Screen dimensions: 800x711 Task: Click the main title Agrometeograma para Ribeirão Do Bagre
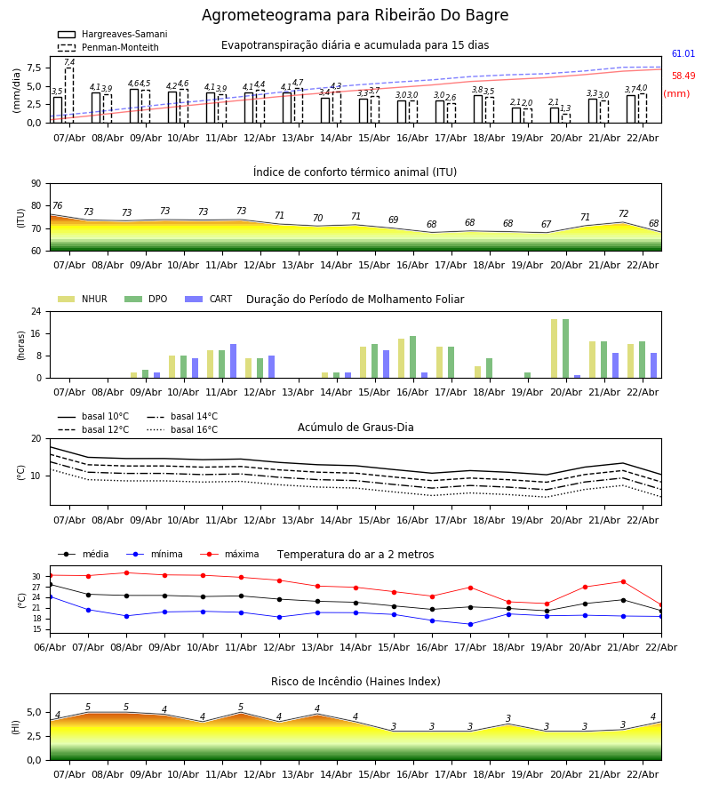click(355, 16)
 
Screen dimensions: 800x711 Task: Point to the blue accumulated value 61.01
click(683, 54)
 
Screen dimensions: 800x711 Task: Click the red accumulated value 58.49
click(683, 76)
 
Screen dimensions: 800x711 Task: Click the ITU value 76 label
click(58, 206)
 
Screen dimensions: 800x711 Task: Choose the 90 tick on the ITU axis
click(36, 183)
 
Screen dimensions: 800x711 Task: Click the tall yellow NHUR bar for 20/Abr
click(554, 348)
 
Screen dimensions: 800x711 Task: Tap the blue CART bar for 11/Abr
click(234, 361)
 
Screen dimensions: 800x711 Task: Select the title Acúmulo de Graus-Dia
click(355, 428)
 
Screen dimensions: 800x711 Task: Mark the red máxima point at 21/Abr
click(623, 582)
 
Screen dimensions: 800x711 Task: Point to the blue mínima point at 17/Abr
click(470, 624)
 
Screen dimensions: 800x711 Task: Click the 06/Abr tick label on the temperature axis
click(50, 646)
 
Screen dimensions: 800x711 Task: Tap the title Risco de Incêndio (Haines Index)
click(355, 682)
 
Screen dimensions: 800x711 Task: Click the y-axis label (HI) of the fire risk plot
click(16, 726)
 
